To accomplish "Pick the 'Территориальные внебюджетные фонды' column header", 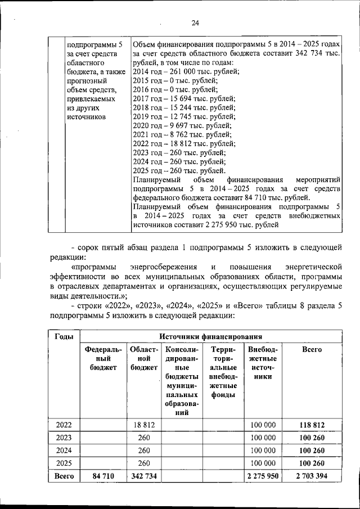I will (223, 372).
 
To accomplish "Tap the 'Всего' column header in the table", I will (312, 349).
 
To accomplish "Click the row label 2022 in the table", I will (64, 425).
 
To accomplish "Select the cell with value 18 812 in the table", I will (144, 425).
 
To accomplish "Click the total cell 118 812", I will (312, 425).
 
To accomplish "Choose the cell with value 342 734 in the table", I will (144, 476).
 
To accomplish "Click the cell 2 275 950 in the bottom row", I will (263, 476).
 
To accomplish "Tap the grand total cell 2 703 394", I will (312, 476).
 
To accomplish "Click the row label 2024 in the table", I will (64, 450).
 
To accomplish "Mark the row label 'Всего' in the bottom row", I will (64, 476).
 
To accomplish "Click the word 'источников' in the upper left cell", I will (86, 116).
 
